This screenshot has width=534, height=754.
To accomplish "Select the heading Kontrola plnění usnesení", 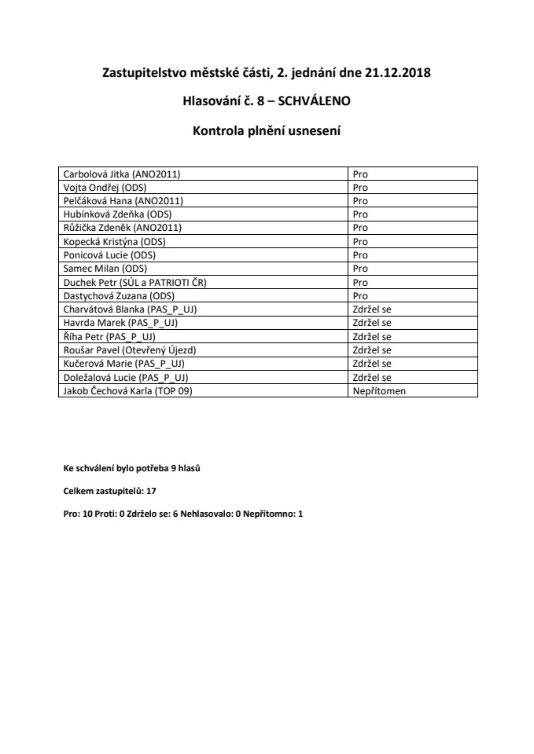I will click(x=267, y=130).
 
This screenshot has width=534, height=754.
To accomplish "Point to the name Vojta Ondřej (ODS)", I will click(x=101, y=188).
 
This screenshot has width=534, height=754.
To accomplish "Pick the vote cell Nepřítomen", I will click(x=379, y=390).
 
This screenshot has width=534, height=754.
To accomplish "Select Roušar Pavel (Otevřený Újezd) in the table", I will click(x=124, y=350).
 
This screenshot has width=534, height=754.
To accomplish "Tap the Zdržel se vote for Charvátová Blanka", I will click(x=372, y=309).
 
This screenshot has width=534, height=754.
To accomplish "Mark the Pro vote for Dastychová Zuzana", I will click(x=360, y=295).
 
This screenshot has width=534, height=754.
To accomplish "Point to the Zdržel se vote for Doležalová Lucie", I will click(x=372, y=377).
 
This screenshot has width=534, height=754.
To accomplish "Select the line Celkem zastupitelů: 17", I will click(x=105, y=489).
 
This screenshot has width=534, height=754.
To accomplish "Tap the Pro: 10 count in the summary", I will click(x=79, y=509).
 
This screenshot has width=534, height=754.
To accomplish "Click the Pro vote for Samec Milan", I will click(x=360, y=269).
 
